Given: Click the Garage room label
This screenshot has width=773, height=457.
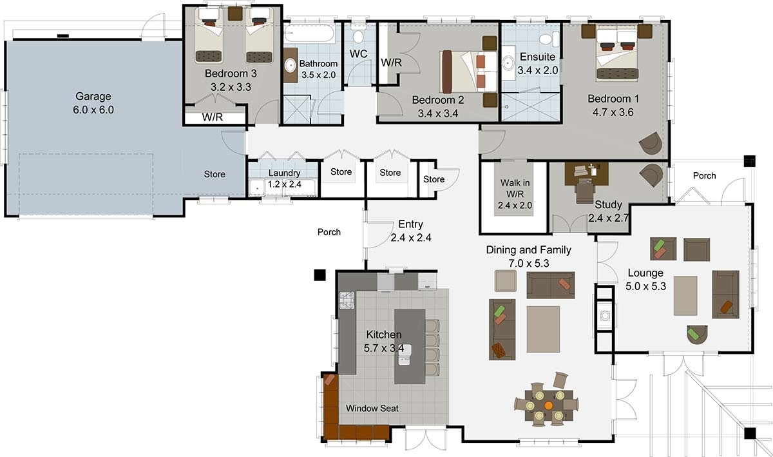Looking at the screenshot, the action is (93, 97).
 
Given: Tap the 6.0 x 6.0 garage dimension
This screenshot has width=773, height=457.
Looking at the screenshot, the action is (93, 110).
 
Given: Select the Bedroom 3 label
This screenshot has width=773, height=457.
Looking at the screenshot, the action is (231, 73).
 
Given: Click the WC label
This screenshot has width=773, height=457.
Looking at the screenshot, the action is (359, 54).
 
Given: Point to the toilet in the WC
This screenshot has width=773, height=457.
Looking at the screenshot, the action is (359, 35).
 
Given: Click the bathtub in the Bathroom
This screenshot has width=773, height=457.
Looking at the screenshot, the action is (309, 34).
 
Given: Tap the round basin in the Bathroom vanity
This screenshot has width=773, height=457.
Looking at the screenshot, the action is (291, 65).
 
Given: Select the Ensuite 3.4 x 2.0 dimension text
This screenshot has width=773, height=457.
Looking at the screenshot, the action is (538, 70).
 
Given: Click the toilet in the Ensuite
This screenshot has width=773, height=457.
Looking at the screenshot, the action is (549, 39).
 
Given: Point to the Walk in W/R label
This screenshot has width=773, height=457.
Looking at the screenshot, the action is (515, 188).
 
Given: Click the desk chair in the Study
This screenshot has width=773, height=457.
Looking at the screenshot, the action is (585, 191).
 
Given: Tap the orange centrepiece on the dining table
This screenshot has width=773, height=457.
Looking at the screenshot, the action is (548, 405).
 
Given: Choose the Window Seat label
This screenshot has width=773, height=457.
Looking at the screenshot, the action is (372, 408).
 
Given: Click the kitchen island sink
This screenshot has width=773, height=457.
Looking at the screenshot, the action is (405, 355).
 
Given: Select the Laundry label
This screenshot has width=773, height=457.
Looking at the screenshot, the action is (284, 173).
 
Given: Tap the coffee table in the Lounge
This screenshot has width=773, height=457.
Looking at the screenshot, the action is (685, 295).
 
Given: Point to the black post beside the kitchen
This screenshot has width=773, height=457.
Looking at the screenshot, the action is (320, 275).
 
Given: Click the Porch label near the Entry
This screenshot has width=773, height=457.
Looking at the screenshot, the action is (329, 232).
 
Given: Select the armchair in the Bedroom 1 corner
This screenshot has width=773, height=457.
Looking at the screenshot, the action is (651, 142).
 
